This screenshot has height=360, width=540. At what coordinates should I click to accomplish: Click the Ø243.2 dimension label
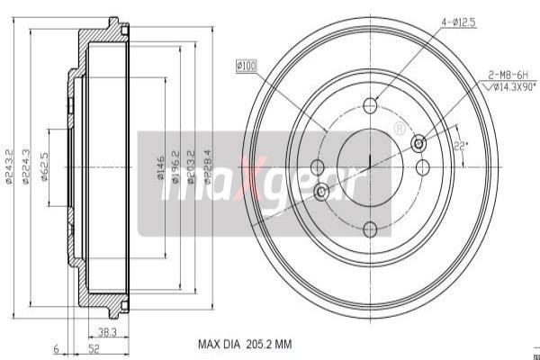(9, 167)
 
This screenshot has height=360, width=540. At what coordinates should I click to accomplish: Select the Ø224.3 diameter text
(27, 167)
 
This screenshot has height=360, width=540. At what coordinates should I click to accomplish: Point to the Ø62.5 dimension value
(44, 167)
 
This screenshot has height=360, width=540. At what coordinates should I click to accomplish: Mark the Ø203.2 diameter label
(192, 167)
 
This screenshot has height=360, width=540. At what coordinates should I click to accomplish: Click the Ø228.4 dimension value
(207, 167)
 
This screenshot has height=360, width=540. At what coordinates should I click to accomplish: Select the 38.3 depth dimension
(108, 331)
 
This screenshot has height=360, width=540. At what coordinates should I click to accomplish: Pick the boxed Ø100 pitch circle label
(247, 65)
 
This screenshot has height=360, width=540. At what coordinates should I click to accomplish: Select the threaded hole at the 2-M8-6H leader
(418, 143)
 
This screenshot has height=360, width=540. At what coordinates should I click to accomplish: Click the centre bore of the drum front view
(371, 166)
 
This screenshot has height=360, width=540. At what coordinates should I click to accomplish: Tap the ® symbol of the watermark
(399, 129)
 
